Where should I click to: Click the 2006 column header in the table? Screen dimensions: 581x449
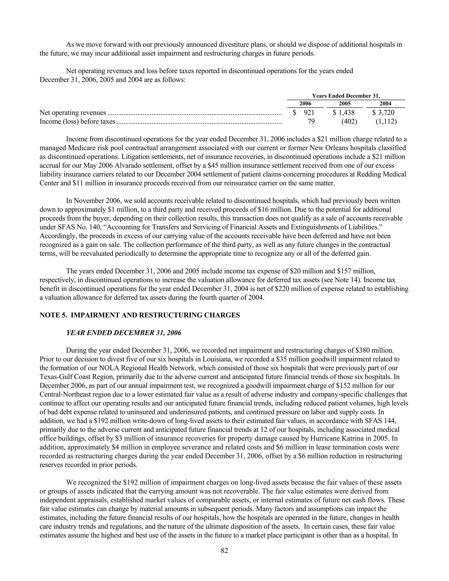305,104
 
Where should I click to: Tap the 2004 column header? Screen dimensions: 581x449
385,104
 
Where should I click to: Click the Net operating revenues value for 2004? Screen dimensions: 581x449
383,113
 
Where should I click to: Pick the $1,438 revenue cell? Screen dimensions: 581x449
344,113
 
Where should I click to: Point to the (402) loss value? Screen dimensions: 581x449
349,122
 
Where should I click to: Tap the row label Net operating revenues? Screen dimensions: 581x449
73,113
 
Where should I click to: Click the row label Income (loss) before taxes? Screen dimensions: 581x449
77,122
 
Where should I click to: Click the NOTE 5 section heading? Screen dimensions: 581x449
140,315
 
